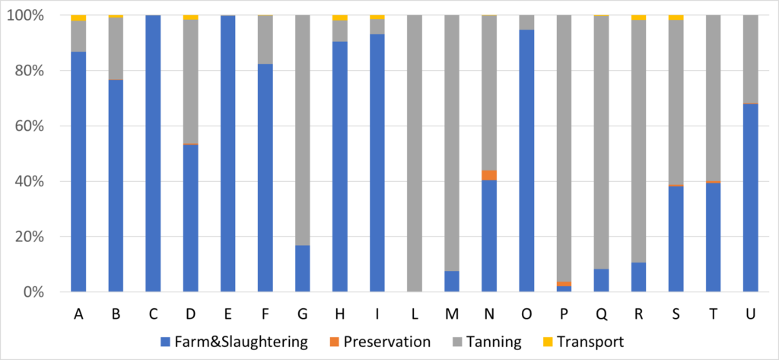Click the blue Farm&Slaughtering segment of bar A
[x=78, y=171]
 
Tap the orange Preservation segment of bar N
[x=489, y=175]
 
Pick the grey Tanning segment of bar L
[x=415, y=152]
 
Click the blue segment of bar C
[x=153, y=152]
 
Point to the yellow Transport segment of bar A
[x=78, y=18]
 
